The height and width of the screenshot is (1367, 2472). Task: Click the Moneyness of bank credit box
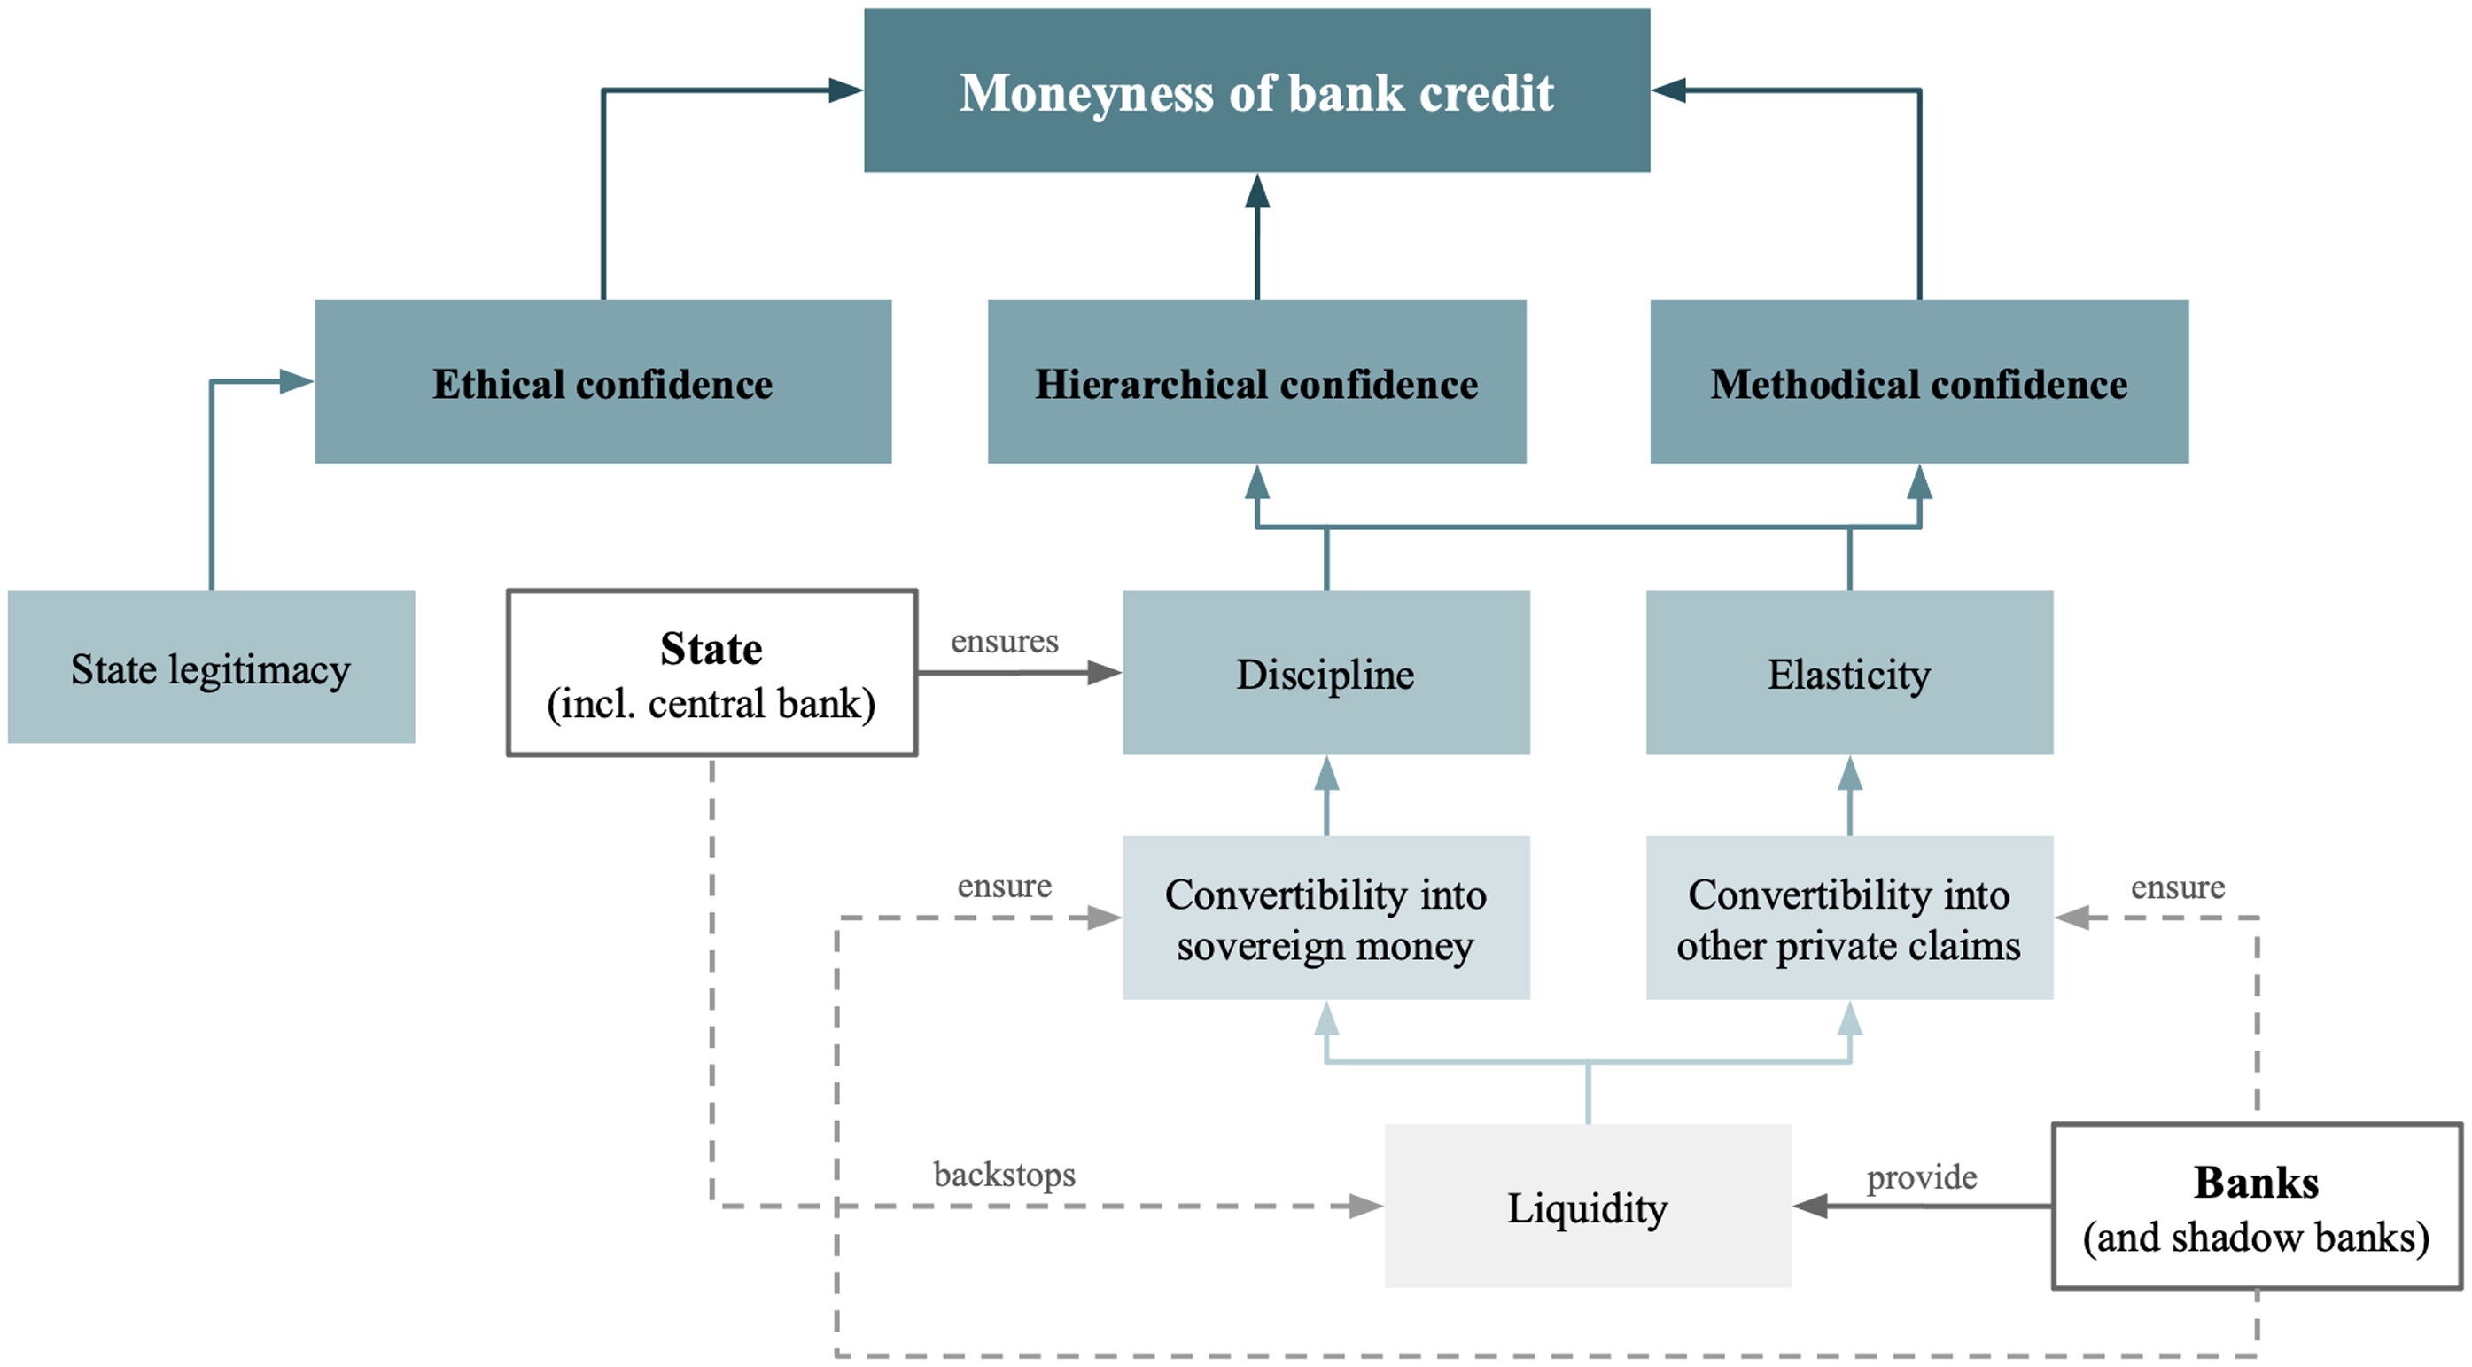click(x=1256, y=91)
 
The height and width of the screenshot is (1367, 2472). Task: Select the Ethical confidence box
click(x=602, y=381)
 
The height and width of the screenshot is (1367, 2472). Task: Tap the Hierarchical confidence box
click(x=1256, y=381)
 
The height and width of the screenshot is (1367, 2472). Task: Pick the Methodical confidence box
click(x=1918, y=381)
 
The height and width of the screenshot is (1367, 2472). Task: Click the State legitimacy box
click(x=211, y=668)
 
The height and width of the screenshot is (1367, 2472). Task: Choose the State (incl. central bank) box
click(x=711, y=673)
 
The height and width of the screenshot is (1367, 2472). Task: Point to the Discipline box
click(x=1325, y=673)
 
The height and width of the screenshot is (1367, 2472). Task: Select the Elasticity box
click(x=1848, y=673)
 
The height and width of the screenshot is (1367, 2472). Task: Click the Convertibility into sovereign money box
click(x=1325, y=918)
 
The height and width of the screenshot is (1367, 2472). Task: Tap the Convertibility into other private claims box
click(x=1848, y=918)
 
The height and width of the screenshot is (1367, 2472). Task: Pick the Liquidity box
click(x=1587, y=1206)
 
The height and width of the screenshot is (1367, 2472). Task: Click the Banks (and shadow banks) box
click(x=2256, y=1207)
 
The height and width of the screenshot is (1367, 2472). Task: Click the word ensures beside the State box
click(x=1004, y=641)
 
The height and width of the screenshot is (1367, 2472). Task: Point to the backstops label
click(x=1004, y=1174)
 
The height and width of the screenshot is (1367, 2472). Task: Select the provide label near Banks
click(x=1921, y=1177)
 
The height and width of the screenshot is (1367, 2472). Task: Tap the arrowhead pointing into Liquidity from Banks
click(x=1810, y=1206)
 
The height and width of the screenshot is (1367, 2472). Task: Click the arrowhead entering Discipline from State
click(x=1105, y=673)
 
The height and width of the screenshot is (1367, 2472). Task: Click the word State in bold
click(x=711, y=649)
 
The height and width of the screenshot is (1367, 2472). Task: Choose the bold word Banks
click(x=2256, y=1183)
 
